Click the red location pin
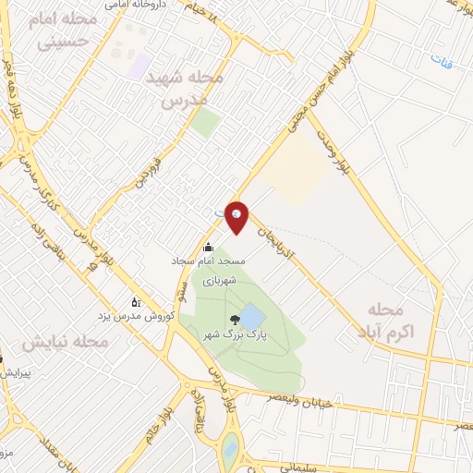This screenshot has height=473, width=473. (237, 216)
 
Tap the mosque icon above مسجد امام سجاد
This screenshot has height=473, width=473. (207, 248)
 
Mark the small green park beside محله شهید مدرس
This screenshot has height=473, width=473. (206, 123)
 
